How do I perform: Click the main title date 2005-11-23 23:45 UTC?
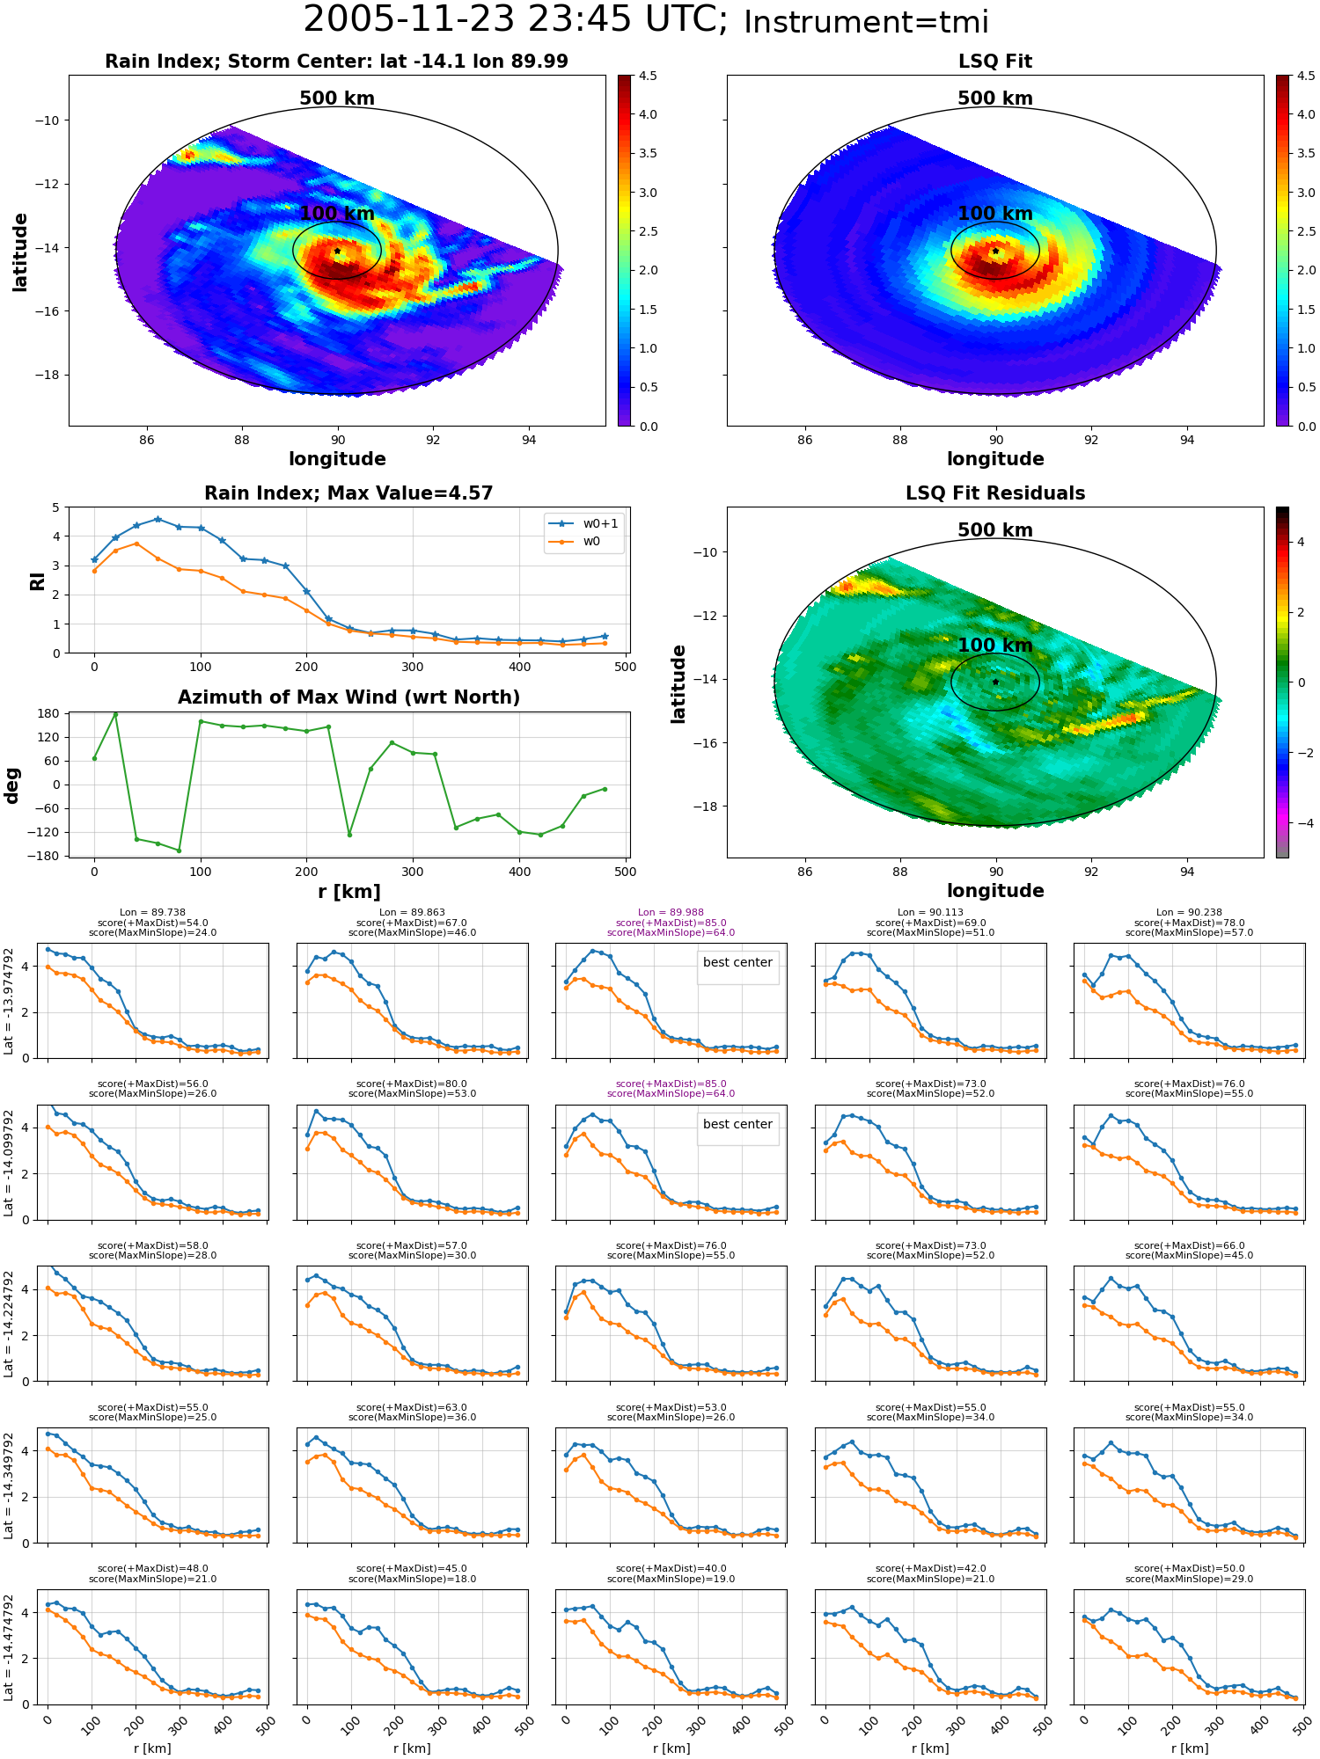(516, 20)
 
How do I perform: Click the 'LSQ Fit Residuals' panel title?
(995, 493)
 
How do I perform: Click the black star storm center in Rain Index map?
(337, 252)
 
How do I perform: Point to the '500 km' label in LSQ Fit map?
(995, 99)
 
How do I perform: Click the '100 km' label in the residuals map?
(995, 646)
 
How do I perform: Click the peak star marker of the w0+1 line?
(158, 519)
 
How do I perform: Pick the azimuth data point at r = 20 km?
(115, 714)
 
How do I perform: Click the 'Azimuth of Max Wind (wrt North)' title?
(348, 697)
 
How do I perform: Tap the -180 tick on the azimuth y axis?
(49, 856)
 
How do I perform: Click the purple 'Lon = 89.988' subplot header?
(671, 913)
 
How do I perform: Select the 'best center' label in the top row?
(737, 962)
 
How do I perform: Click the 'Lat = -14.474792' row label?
(9, 1648)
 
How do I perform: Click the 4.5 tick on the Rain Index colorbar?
(648, 76)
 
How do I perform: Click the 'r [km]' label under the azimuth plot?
(348, 892)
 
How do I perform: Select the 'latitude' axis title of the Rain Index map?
(20, 252)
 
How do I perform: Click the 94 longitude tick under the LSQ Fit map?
(1187, 440)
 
